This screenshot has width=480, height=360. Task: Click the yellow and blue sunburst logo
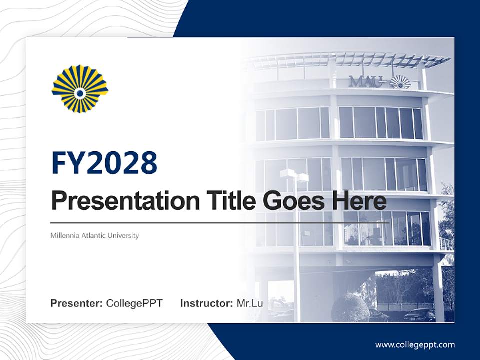click(x=80, y=89)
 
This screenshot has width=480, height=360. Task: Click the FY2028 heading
click(x=104, y=163)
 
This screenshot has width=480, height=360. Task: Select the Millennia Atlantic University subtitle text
click(x=95, y=235)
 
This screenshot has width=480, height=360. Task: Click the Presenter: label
click(x=77, y=303)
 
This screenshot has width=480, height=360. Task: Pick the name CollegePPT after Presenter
click(x=134, y=303)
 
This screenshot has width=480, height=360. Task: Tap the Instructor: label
click(x=206, y=303)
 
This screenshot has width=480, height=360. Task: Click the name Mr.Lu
click(x=249, y=303)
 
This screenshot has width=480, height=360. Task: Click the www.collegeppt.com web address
click(x=415, y=345)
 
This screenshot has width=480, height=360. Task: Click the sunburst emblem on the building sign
click(x=400, y=82)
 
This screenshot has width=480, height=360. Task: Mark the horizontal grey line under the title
click(x=220, y=223)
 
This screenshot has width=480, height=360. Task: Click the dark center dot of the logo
click(x=80, y=92)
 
